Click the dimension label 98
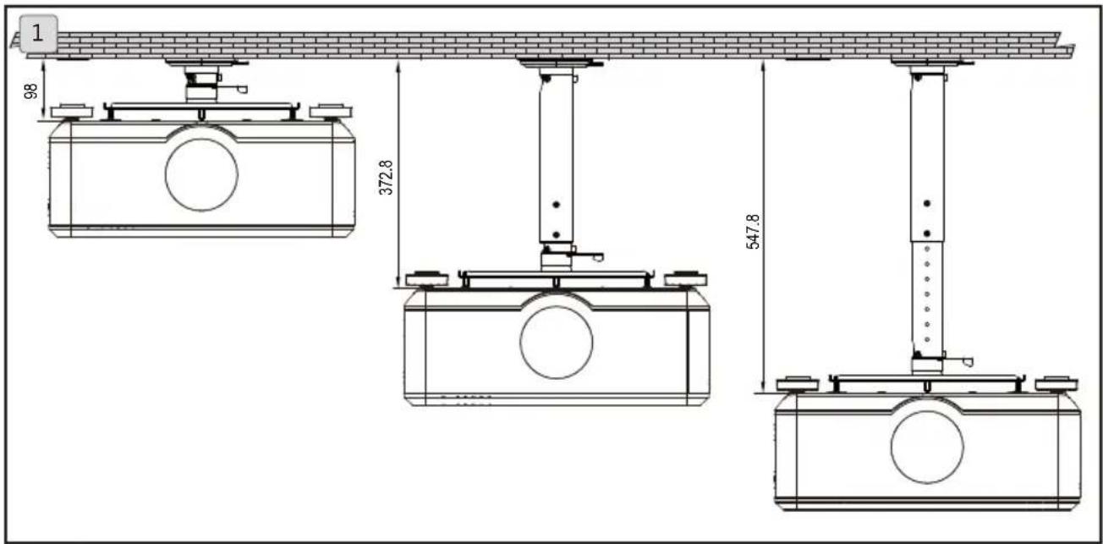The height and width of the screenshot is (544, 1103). click(x=30, y=91)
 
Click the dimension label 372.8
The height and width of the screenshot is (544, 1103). click(x=386, y=178)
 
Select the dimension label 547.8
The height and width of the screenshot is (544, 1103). click(x=754, y=232)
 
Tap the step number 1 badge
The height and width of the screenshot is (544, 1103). click(x=38, y=34)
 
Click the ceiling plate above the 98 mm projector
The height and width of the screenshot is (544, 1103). click(x=206, y=62)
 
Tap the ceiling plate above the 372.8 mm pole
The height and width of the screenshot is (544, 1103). click(x=560, y=63)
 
